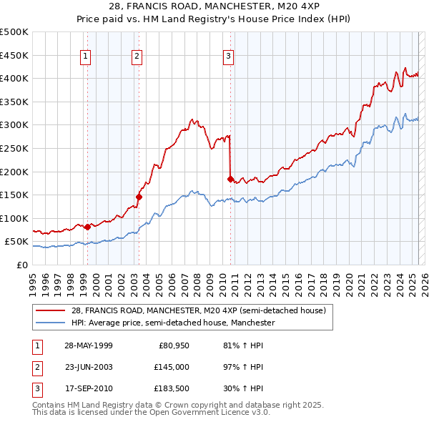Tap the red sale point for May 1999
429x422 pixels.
pyautogui.click(x=87, y=227)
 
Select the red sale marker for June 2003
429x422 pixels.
pyautogui.click(x=139, y=197)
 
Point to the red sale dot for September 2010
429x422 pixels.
pyautogui.click(x=230, y=179)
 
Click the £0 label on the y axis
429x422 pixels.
pyautogui.click(x=22, y=265)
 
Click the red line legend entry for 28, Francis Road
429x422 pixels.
pyautogui.click(x=198, y=310)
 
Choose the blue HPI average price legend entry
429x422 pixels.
pyautogui.click(x=173, y=323)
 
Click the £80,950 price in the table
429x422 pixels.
pyautogui.click(x=173, y=345)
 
